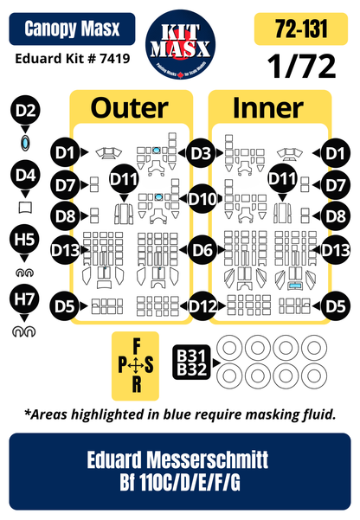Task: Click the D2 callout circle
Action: click(x=25, y=110)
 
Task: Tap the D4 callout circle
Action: click(x=25, y=175)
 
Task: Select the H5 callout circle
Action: click(x=24, y=239)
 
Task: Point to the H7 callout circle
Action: click(x=24, y=299)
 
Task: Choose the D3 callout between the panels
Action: click(x=201, y=153)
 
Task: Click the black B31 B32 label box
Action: click(x=192, y=363)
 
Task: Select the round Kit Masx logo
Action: click(x=180, y=44)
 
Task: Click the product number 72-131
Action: click(x=301, y=29)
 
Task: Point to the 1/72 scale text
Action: click(x=301, y=67)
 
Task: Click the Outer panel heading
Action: click(x=130, y=108)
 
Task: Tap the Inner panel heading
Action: click(x=268, y=108)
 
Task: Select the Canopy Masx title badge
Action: click(x=72, y=29)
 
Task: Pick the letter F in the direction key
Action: click(x=137, y=347)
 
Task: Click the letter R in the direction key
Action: click(x=137, y=384)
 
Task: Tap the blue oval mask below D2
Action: click(x=25, y=144)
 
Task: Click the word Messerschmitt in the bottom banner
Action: click(x=208, y=459)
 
